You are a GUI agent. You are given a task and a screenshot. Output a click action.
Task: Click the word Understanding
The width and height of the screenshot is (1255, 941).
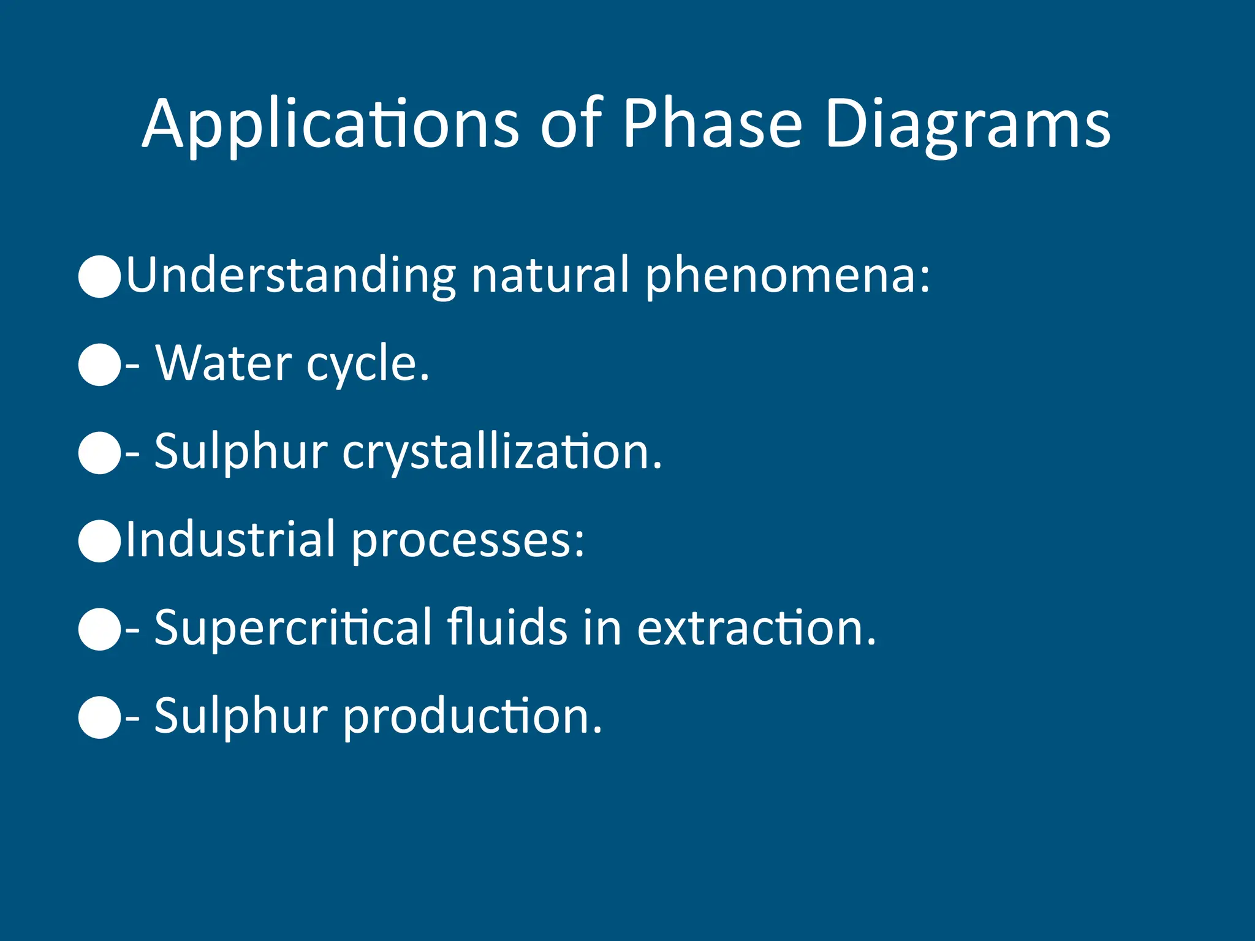point(291,275)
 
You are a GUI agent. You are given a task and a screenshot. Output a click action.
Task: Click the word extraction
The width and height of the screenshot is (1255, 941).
point(757,628)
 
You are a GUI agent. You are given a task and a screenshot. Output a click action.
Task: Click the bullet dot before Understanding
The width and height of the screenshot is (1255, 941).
point(100,277)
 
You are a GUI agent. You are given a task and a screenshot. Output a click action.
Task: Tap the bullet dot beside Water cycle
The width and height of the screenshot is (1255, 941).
point(100,365)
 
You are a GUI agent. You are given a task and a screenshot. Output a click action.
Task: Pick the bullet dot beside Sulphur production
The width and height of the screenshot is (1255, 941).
point(100,717)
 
